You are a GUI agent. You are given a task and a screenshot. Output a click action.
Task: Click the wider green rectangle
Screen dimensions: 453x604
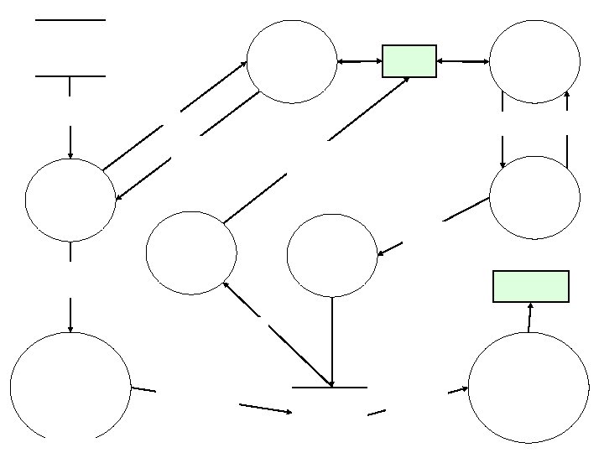point(530,285)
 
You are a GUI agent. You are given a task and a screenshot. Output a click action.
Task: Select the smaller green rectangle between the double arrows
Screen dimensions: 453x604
point(409,61)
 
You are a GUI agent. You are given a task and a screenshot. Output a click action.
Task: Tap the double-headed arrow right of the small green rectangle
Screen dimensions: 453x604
point(463,61)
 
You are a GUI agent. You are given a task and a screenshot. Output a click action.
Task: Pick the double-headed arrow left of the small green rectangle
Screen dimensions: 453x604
point(360,61)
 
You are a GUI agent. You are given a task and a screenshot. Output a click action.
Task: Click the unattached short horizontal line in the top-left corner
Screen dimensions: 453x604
point(70,19)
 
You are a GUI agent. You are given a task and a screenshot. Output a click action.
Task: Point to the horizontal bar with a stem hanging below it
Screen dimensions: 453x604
point(70,76)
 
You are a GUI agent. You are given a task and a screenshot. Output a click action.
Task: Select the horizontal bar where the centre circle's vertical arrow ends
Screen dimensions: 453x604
point(330,388)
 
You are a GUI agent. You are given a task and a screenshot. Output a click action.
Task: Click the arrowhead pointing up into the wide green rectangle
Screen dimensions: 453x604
point(530,305)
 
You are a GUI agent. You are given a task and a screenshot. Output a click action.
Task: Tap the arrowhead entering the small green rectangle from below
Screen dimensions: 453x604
point(406,80)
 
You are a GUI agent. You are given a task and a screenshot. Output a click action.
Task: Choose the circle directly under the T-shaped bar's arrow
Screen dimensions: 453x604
point(70,200)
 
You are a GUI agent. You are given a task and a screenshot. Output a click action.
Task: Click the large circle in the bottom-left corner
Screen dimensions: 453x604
point(70,387)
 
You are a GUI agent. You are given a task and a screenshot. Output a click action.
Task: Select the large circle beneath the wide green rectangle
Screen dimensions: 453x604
point(528,387)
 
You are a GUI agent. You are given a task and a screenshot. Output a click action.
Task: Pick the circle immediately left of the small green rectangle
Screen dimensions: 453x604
point(292,61)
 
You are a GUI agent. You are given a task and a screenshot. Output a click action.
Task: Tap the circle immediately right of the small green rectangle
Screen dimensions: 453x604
point(534,61)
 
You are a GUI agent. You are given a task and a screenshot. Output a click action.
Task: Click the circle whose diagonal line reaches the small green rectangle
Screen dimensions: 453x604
point(191,253)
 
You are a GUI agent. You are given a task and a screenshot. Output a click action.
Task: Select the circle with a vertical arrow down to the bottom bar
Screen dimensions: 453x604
point(332,255)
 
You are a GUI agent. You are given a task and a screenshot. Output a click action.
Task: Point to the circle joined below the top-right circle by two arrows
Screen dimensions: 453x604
point(534,197)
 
